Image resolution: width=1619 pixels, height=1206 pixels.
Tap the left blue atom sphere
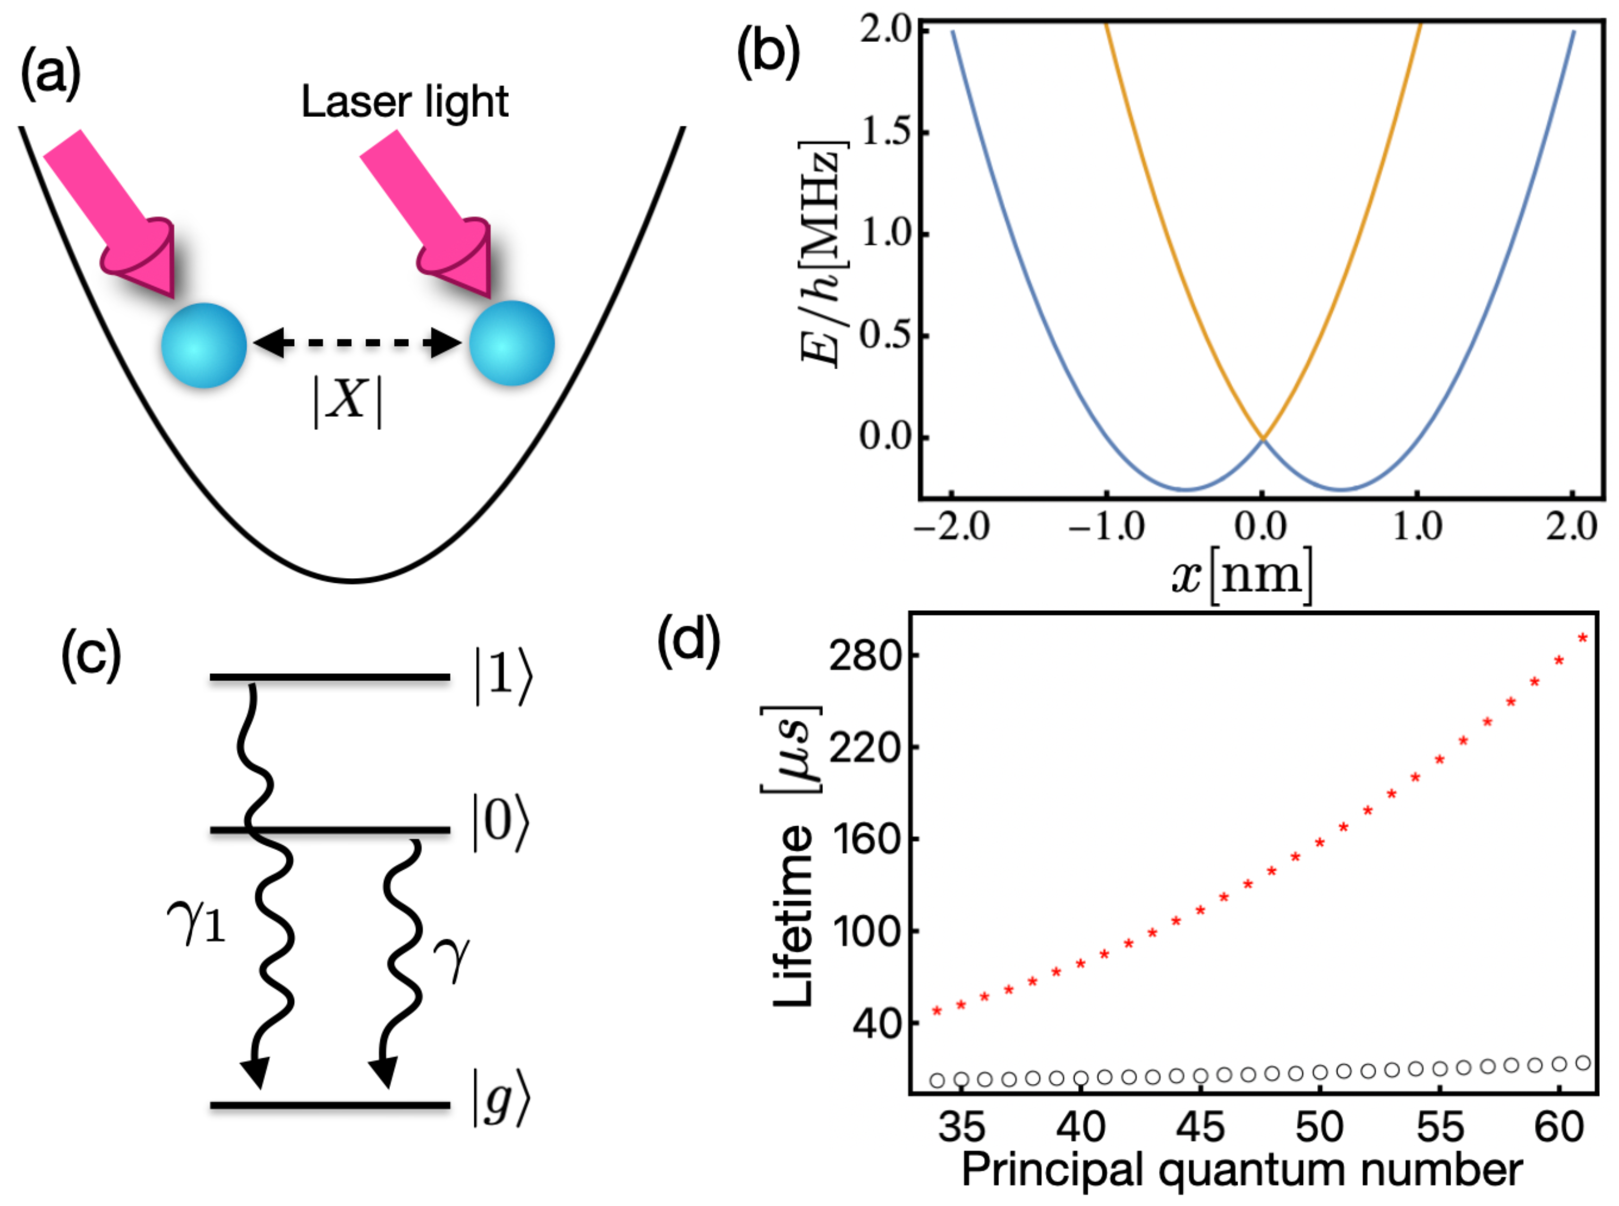click(203, 345)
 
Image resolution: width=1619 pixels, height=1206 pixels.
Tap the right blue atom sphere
click(511, 343)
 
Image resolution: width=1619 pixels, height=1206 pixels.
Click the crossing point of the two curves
click(1262, 438)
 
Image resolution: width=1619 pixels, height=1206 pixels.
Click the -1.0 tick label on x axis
click(1106, 525)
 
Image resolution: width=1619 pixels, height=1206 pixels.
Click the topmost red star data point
click(1582, 638)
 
